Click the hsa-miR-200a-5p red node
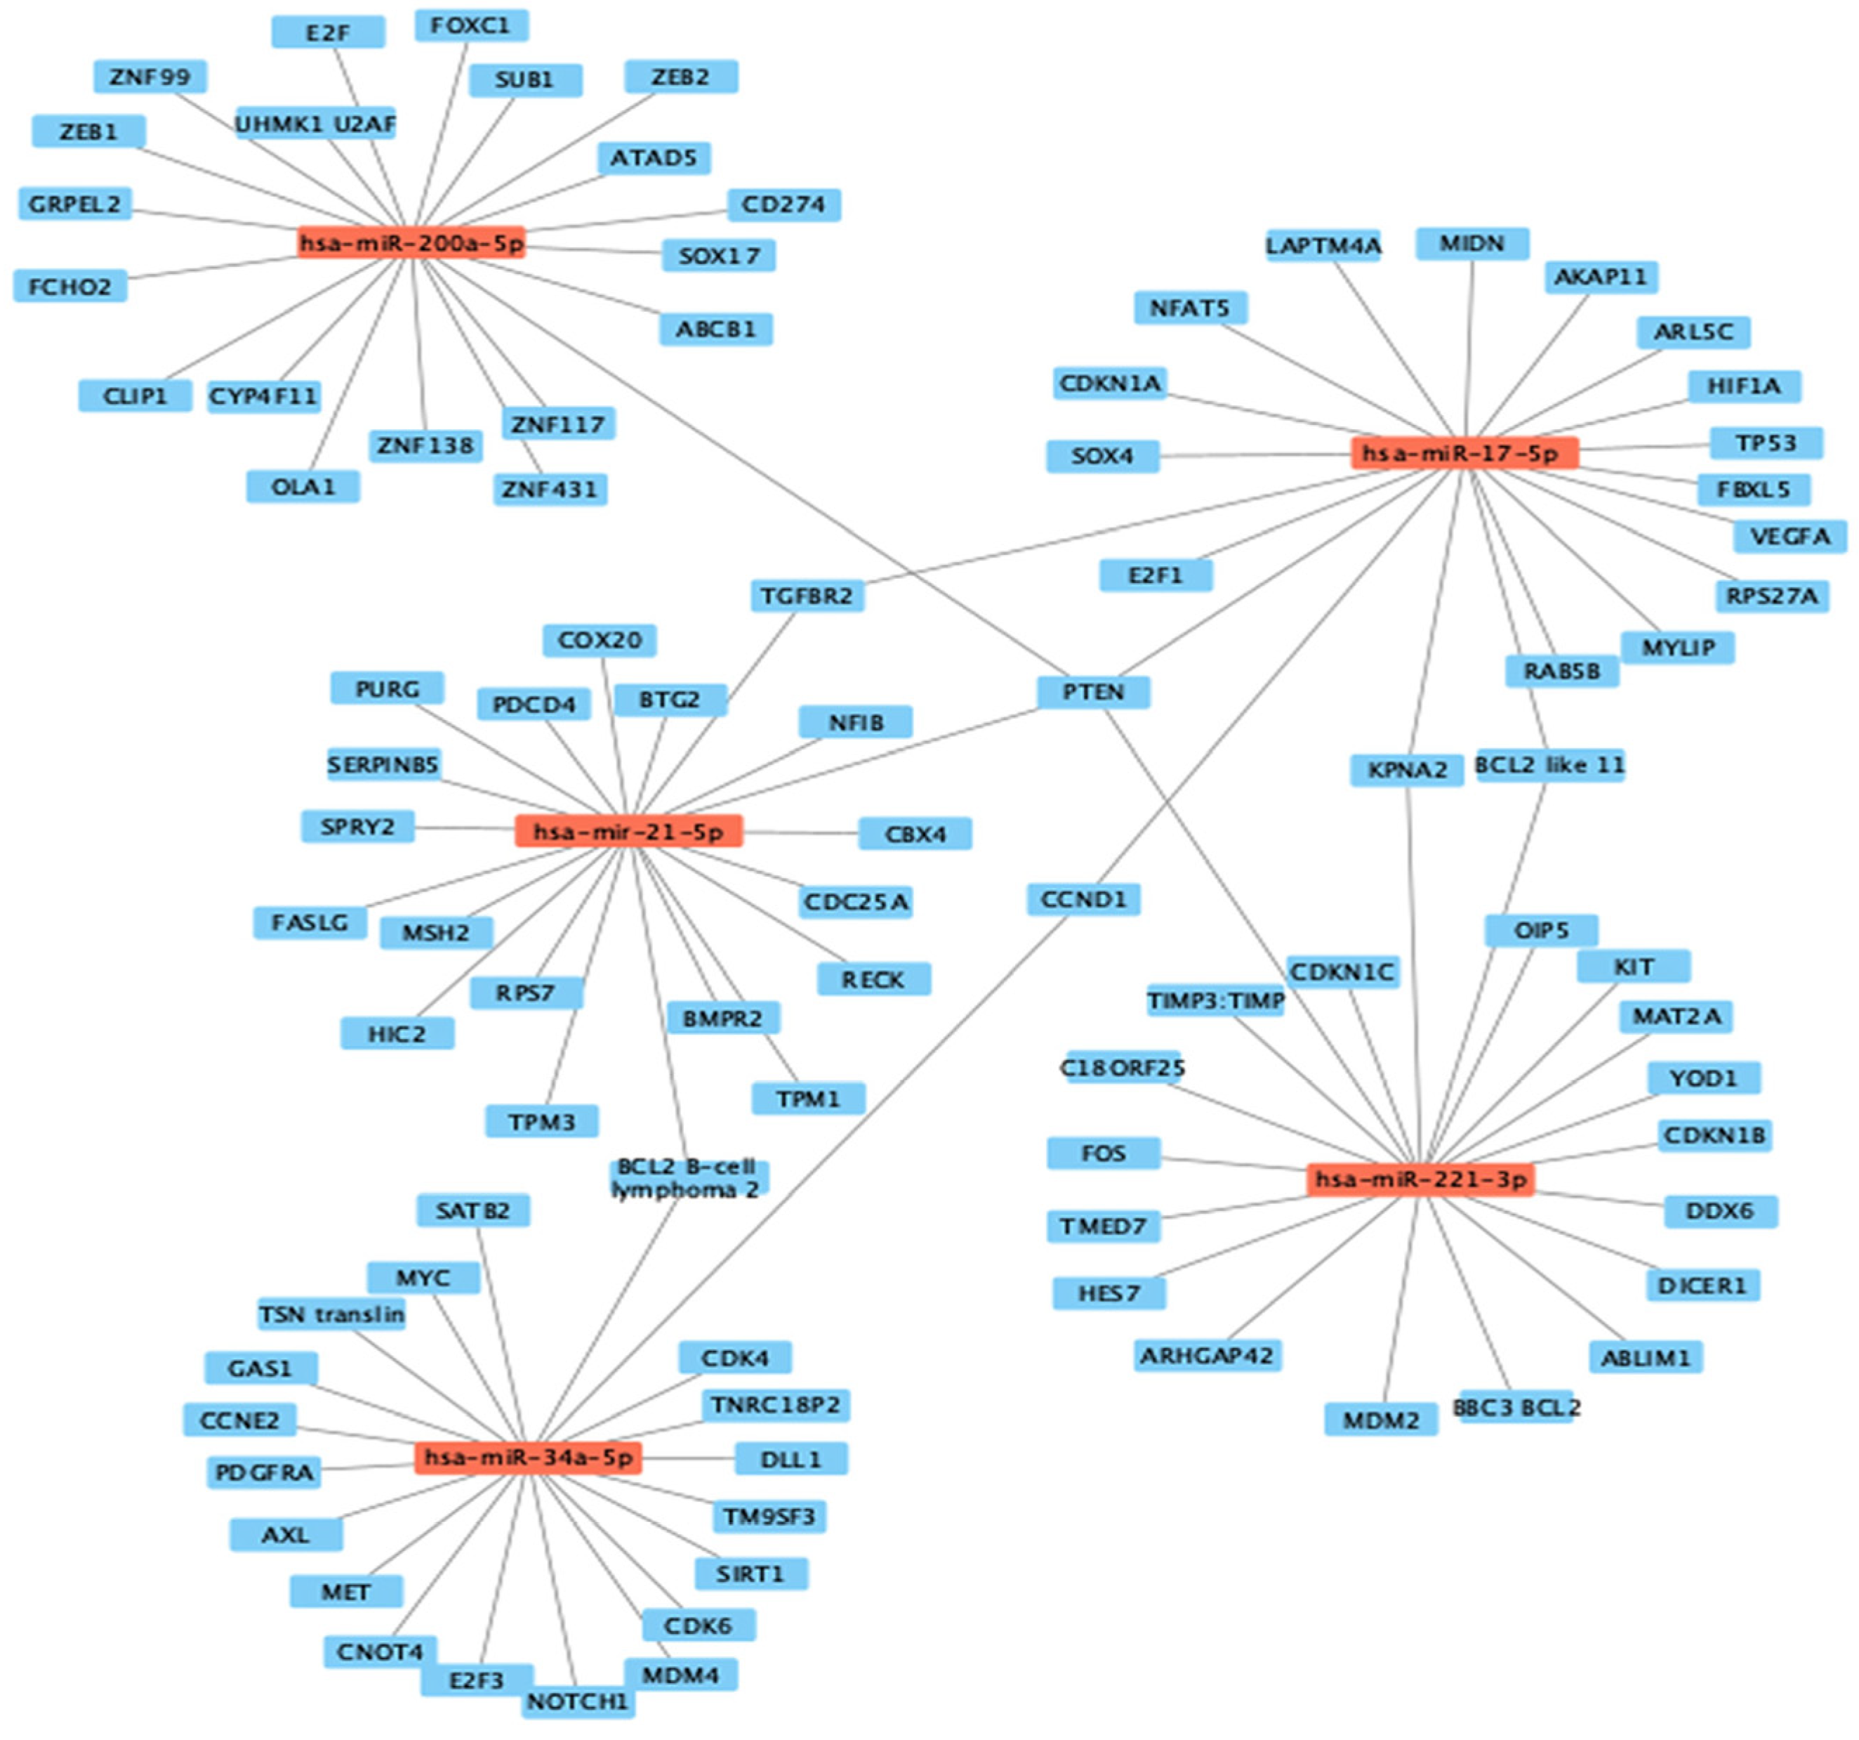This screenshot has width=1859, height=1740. (411, 243)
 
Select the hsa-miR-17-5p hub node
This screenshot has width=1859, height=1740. (1464, 454)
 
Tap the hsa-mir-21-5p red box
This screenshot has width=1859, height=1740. (628, 832)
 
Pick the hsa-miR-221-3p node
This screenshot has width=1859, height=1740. (1420, 1179)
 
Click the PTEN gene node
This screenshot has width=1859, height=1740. (1093, 692)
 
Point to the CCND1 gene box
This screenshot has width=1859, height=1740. (1084, 900)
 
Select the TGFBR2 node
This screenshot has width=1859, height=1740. (807, 596)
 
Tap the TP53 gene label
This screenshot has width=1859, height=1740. (1766, 443)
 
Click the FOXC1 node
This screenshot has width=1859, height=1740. (471, 26)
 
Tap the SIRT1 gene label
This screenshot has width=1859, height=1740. (751, 1574)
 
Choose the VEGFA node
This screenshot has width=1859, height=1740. (1789, 537)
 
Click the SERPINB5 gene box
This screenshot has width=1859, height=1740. (383, 765)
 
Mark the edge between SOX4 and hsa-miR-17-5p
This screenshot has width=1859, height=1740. (1253, 456)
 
